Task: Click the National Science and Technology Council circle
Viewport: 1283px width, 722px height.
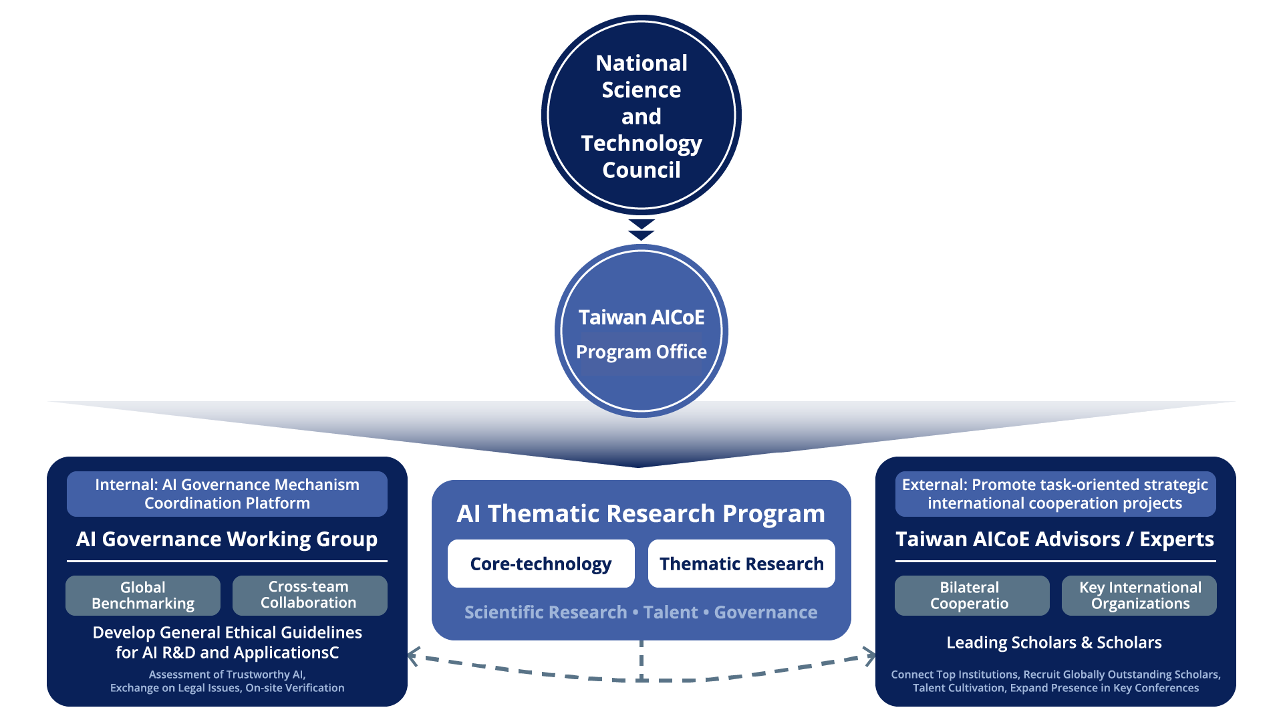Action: click(x=641, y=115)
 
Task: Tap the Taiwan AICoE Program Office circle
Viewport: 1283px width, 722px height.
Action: click(x=641, y=331)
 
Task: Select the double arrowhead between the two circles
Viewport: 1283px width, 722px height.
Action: click(x=641, y=230)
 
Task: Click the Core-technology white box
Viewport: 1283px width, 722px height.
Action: click(x=541, y=564)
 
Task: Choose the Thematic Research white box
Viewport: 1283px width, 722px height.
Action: click(x=742, y=564)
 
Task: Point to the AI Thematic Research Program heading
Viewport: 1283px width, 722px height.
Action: click(x=641, y=513)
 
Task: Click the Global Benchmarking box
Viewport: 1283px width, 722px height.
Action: click(x=143, y=595)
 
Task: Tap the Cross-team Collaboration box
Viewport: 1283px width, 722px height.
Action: click(x=310, y=595)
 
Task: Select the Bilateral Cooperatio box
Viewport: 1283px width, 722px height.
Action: click(x=972, y=595)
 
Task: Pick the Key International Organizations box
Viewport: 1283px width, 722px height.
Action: click(x=1139, y=595)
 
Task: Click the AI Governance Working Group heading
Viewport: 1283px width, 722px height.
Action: click(x=227, y=539)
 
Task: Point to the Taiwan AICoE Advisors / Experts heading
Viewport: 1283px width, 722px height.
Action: click(x=1055, y=539)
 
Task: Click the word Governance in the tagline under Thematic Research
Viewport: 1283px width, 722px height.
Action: click(x=766, y=612)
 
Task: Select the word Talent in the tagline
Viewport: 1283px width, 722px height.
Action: click(x=670, y=612)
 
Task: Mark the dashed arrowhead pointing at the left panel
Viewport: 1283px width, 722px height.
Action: click(x=413, y=656)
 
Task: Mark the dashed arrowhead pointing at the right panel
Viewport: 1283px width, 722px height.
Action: click(x=869, y=656)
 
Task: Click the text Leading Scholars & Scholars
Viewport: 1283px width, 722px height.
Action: click(x=1054, y=642)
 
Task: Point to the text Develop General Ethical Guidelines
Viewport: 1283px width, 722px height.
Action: click(x=227, y=632)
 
